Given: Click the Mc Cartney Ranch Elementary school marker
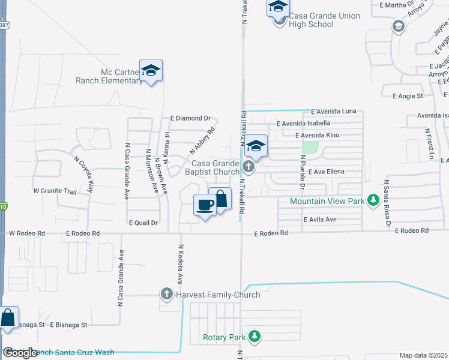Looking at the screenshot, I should click(x=151, y=71).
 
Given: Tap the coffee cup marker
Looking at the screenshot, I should click(x=205, y=205).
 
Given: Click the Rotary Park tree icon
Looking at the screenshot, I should click(x=256, y=337).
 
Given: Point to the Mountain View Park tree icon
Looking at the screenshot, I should click(x=373, y=200).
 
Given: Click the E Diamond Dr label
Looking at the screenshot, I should click(x=191, y=118).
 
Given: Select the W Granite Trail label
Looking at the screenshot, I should click(x=55, y=191).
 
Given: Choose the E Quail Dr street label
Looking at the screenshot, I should click(x=143, y=222).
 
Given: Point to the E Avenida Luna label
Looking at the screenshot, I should click(x=334, y=112).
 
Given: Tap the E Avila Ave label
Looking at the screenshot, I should click(x=320, y=220).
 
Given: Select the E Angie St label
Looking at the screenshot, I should click(x=408, y=95).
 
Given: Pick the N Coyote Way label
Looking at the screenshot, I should click(x=85, y=173).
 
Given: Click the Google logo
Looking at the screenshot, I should click(x=19, y=353).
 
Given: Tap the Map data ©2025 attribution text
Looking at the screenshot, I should click(x=424, y=355).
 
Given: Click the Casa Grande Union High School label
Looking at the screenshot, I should click(x=324, y=20).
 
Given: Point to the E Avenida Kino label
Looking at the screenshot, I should click(x=317, y=136).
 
